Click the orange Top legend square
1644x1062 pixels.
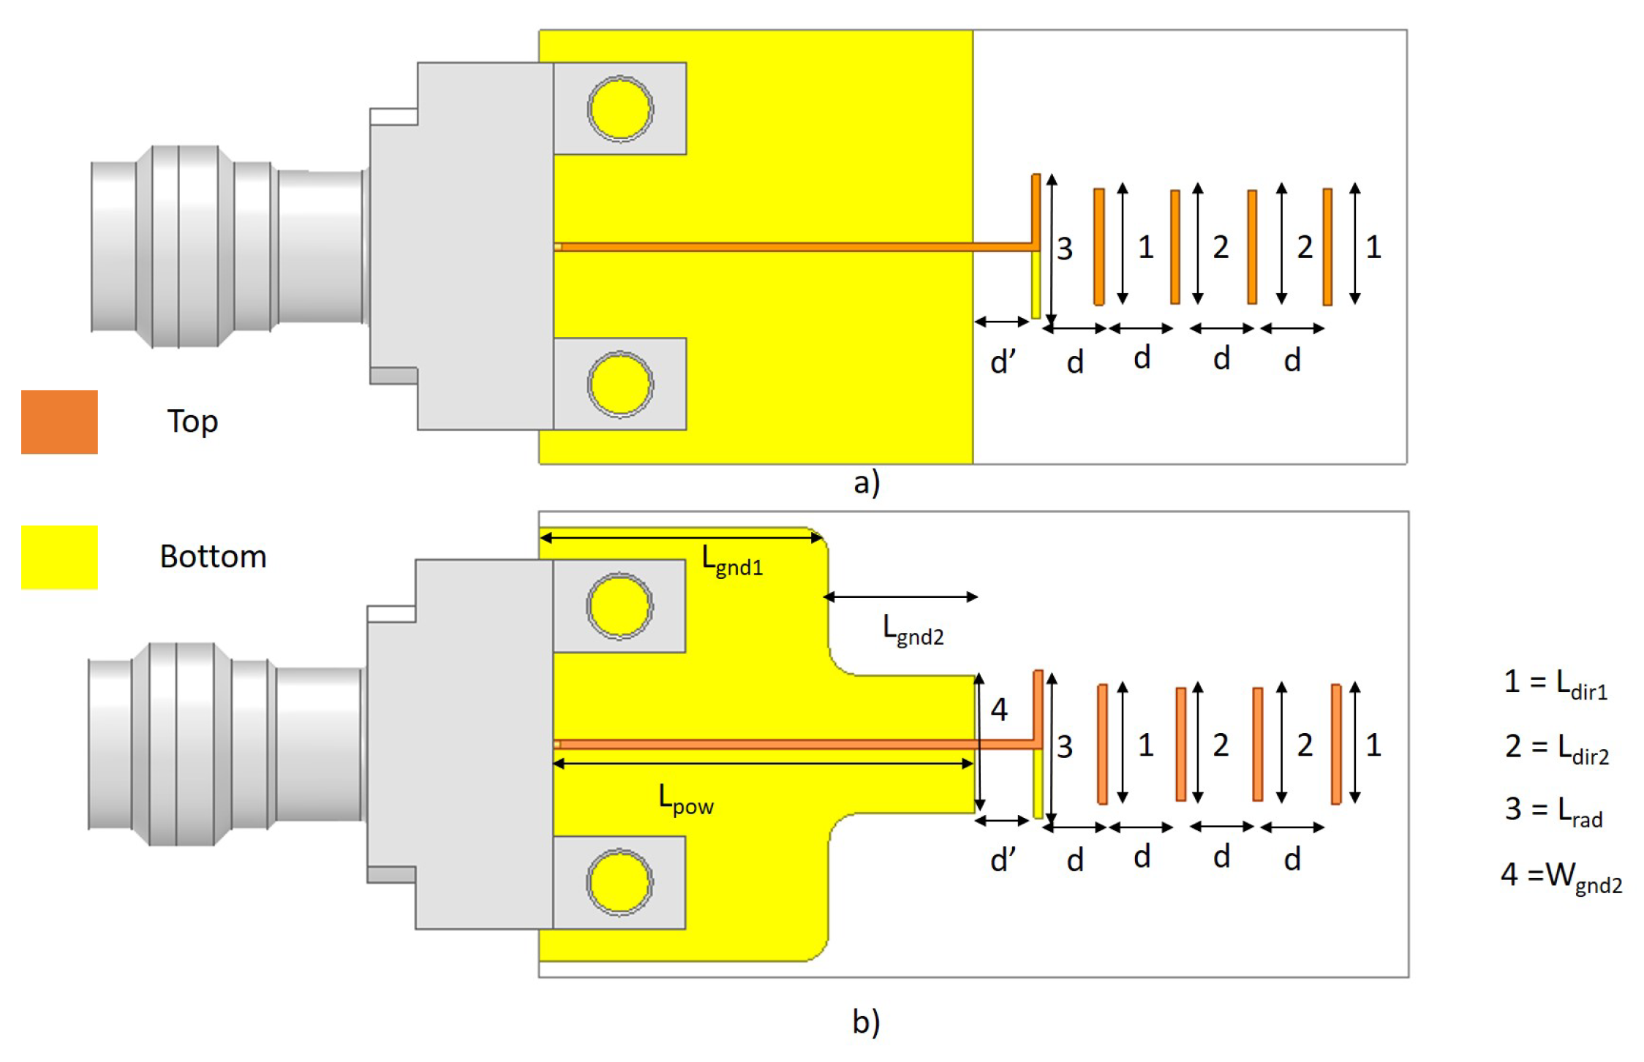pyautogui.click(x=59, y=422)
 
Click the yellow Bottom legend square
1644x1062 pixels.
pyautogui.click(x=59, y=557)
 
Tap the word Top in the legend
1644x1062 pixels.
pyautogui.click(x=192, y=422)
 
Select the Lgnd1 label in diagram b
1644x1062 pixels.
pyautogui.click(x=732, y=561)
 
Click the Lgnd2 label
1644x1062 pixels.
pyautogui.click(x=913, y=630)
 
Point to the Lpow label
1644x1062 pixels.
pyautogui.click(x=685, y=799)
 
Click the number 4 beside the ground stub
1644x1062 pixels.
pyautogui.click(x=999, y=710)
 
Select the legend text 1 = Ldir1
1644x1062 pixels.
pyautogui.click(x=1555, y=684)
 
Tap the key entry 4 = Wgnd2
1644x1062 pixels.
pyautogui.click(x=1561, y=876)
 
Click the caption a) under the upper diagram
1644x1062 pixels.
pyautogui.click(x=867, y=483)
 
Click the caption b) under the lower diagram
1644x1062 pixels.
pyautogui.click(x=866, y=1021)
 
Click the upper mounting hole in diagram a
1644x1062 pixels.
pyautogui.click(x=620, y=109)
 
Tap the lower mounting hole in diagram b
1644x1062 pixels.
pyautogui.click(x=619, y=882)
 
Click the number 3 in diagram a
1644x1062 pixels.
pyautogui.click(x=1065, y=249)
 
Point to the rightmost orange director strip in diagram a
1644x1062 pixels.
pyautogui.click(x=1327, y=247)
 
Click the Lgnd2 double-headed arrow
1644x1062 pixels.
pyautogui.click(x=900, y=597)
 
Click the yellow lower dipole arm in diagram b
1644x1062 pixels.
pyautogui.click(x=1038, y=784)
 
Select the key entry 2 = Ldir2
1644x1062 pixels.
pyautogui.click(x=1556, y=748)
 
